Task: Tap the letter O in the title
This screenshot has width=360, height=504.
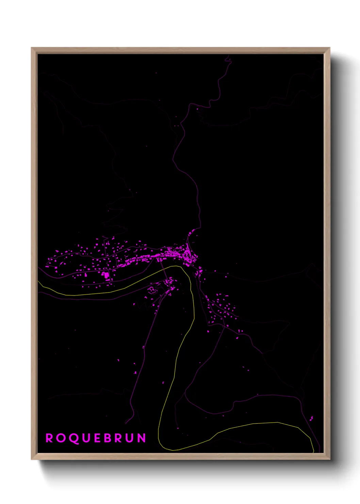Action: click(x=60, y=438)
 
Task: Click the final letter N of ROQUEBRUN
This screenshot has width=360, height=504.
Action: click(x=142, y=438)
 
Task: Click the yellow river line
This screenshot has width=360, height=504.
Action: click(x=177, y=358)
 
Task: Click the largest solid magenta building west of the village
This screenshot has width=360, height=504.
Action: click(x=106, y=274)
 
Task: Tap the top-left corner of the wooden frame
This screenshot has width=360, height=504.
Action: click(x=32, y=48)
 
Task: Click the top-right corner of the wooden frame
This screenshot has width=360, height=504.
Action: click(x=329, y=48)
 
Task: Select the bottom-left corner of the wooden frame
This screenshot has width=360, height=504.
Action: click(x=32, y=459)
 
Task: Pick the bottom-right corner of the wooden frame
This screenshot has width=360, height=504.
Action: click(x=329, y=459)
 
